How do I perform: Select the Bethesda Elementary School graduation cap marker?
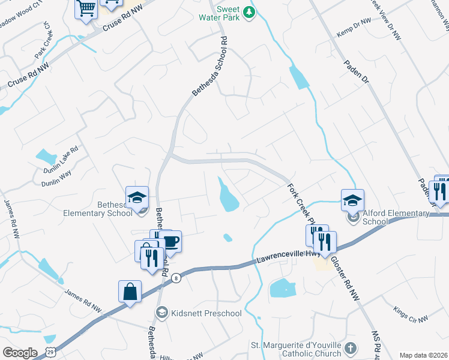pos(137,197)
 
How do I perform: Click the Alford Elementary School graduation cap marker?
pos(352,200)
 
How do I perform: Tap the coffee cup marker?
pos(171,242)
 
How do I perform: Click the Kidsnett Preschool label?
pos(205,313)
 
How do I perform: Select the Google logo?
pos(20,353)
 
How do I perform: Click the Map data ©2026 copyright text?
pos(423,355)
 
